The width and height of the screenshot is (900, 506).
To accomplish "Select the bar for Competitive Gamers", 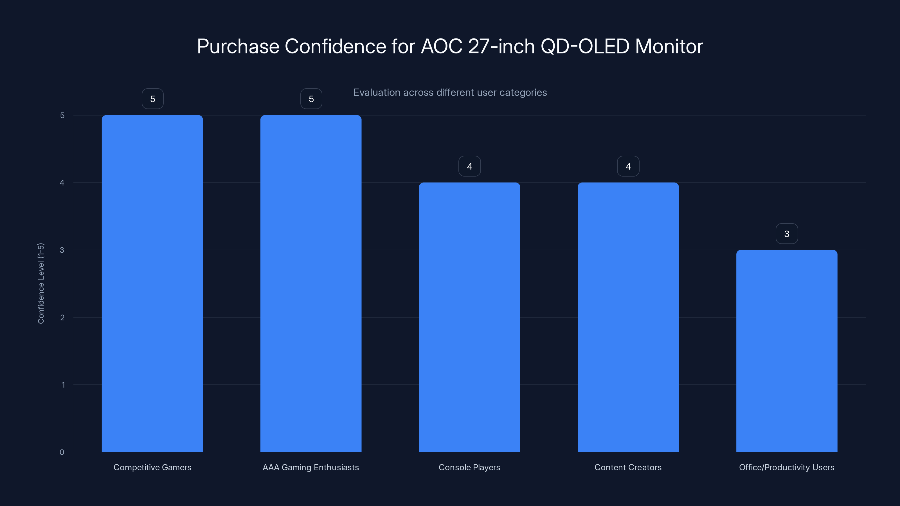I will tap(152, 283).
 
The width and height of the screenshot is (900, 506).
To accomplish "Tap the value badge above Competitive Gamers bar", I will tap(153, 99).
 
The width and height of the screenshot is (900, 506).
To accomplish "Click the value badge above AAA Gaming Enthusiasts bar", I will tap(311, 99).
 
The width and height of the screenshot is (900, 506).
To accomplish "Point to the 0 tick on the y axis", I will tap(62, 452).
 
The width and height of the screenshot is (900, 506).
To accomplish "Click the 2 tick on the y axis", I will tap(62, 317).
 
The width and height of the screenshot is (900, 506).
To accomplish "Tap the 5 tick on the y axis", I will tap(62, 115).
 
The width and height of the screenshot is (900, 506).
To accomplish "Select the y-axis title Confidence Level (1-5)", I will tap(41, 283).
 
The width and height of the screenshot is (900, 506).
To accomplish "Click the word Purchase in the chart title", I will tap(238, 46).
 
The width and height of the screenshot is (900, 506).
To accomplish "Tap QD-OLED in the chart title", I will tap(585, 46).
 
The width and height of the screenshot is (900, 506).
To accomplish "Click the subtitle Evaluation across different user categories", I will tap(450, 92).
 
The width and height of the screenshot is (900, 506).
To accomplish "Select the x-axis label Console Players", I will tap(469, 467).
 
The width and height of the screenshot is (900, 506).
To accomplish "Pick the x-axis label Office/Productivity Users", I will tap(786, 467).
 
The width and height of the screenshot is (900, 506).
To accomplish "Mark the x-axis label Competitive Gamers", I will tap(152, 467).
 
